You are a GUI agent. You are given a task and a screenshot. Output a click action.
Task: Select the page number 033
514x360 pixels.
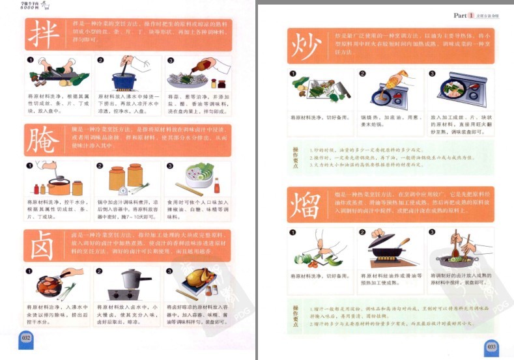point(491,348)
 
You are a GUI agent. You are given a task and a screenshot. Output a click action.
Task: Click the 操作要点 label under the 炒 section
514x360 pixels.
point(296,156)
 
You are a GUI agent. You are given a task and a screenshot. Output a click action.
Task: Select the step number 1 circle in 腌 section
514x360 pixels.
point(31,165)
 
